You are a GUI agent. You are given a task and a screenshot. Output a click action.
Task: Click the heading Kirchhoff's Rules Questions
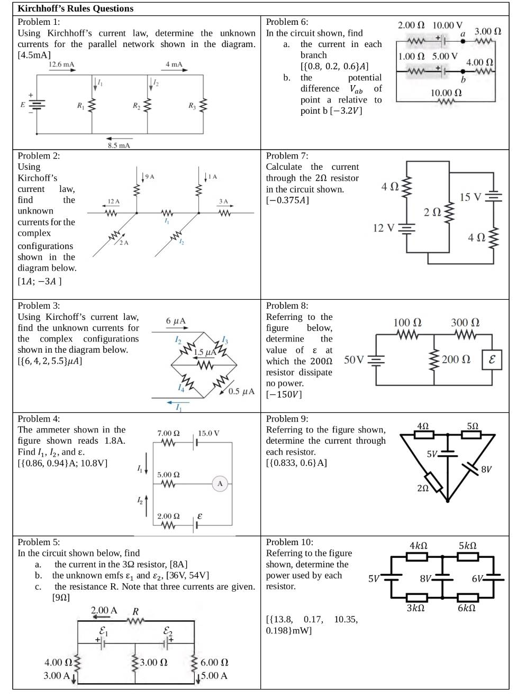click(x=75, y=8)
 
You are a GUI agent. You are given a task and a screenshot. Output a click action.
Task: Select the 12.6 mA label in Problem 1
click(x=61, y=65)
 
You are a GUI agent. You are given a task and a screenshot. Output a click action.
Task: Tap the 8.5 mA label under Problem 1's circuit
click(x=119, y=145)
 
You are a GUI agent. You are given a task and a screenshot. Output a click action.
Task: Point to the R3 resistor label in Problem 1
click(x=192, y=106)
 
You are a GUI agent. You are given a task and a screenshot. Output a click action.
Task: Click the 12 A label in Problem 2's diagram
click(x=113, y=201)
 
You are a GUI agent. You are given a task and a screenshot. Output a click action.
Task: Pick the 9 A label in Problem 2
click(x=149, y=177)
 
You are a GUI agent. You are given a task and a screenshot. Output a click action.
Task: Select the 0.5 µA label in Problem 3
click(x=242, y=392)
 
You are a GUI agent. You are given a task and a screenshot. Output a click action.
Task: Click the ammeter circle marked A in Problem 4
click(x=220, y=483)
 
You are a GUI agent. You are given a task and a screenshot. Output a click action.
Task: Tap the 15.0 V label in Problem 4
click(x=209, y=433)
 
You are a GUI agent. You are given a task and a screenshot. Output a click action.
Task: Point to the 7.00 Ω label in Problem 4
click(x=168, y=433)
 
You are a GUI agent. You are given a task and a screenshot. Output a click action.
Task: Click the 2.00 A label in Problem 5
click(x=104, y=610)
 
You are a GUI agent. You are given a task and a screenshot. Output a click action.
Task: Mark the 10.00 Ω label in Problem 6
click(x=446, y=93)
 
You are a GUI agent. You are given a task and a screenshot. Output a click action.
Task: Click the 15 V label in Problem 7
click(x=470, y=197)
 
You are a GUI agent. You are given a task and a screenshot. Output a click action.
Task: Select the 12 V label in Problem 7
click(x=384, y=228)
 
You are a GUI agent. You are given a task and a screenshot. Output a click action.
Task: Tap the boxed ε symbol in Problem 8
click(x=492, y=360)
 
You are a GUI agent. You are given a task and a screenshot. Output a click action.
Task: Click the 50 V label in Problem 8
click(x=354, y=360)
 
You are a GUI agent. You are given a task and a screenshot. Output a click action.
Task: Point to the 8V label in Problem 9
click(x=486, y=469)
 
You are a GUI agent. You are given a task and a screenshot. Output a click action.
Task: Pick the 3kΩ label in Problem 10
click(x=415, y=608)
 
